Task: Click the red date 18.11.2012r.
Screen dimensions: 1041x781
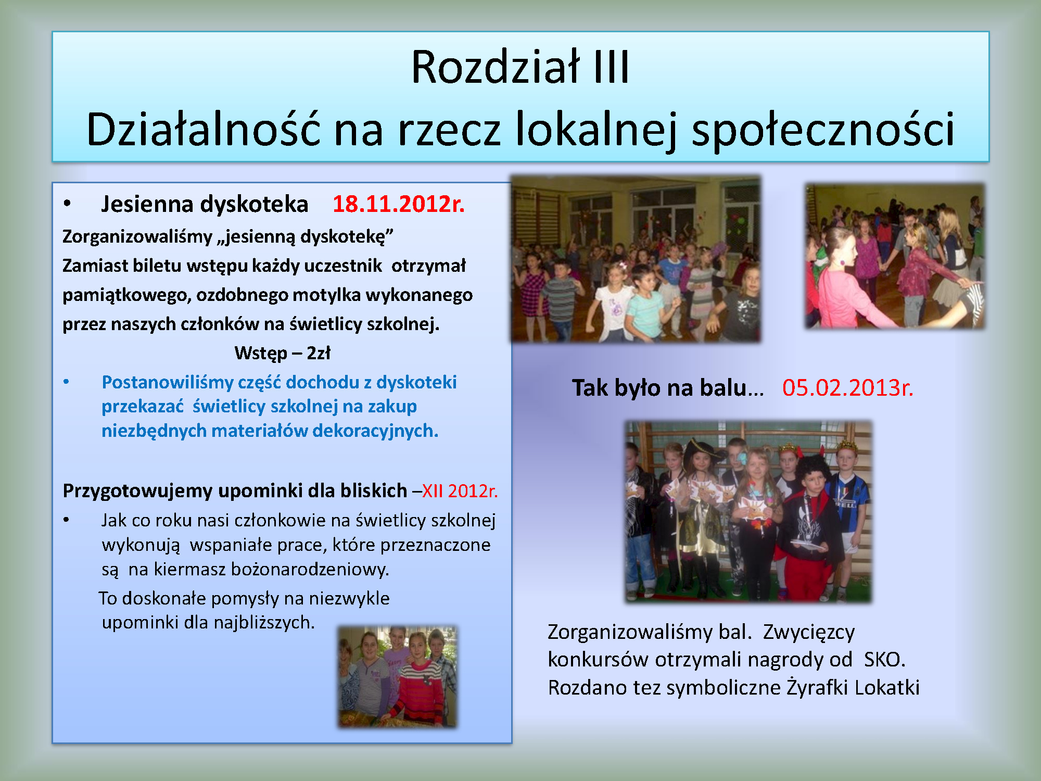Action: (x=398, y=204)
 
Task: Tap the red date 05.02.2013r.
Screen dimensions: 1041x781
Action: (x=848, y=388)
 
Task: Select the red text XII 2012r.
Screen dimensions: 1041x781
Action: (x=460, y=491)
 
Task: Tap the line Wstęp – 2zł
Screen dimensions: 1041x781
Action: (x=282, y=353)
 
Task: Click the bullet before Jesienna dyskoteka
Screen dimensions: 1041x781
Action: (x=67, y=204)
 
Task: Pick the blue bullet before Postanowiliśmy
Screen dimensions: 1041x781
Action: (x=66, y=382)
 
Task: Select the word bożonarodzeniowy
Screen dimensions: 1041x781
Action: (x=310, y=569)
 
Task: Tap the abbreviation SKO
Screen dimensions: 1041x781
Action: (x=884, y=660)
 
